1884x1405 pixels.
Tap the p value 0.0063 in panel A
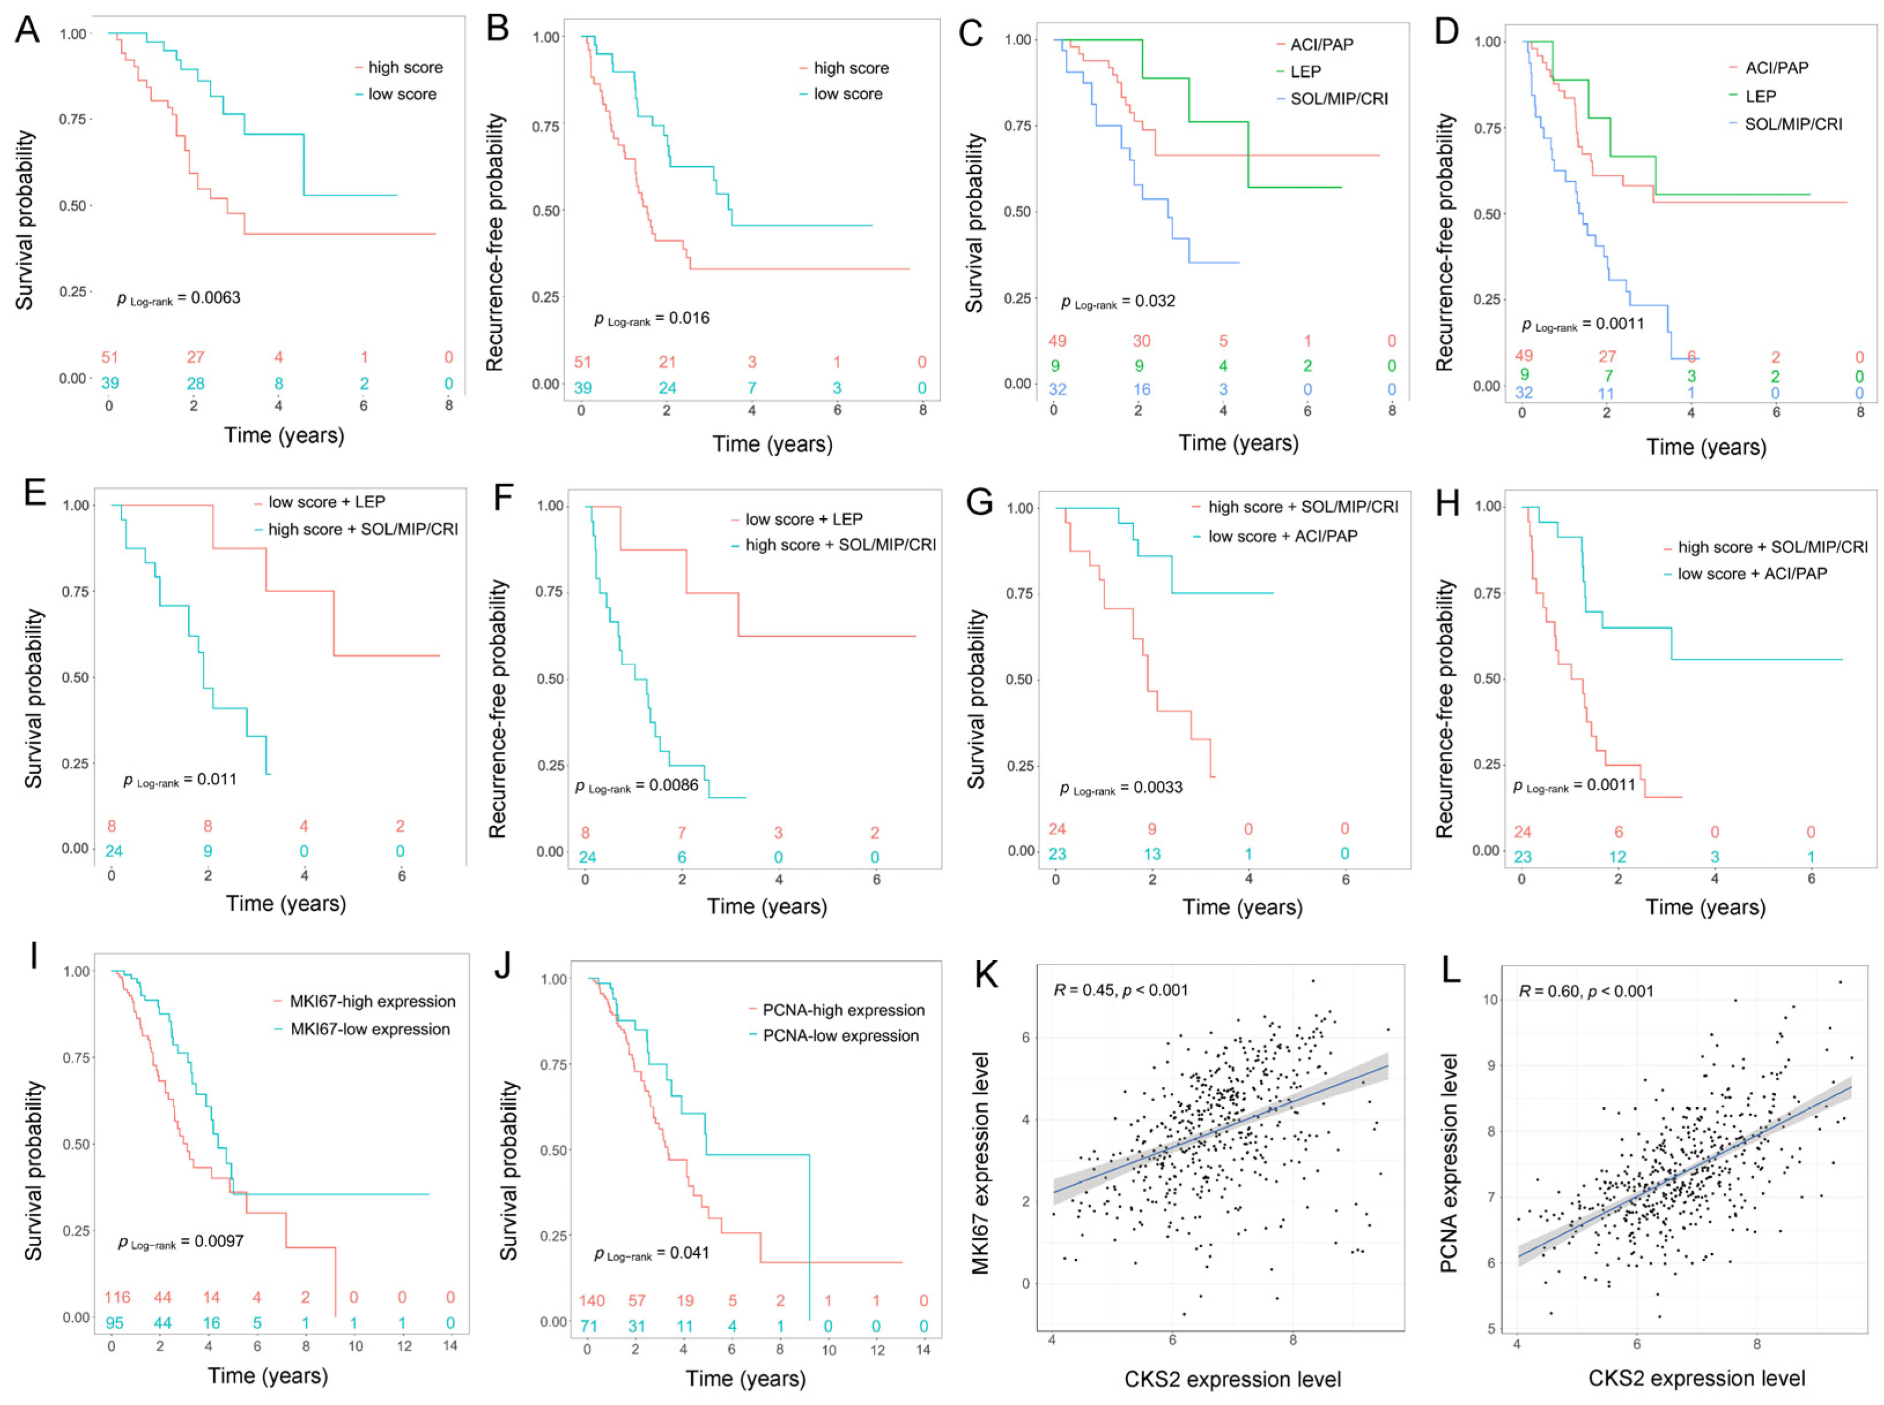[179, 298]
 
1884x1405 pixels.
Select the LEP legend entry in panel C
[1305, 72]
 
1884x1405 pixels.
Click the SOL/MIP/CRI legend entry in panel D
[1792, 124]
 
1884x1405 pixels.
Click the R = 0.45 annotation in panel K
[1121, 990]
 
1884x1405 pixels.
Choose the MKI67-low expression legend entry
[370, 1029]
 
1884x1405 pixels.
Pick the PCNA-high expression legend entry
[843, 1010]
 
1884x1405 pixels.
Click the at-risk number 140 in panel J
[592, 1300]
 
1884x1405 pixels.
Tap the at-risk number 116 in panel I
[117, 1297]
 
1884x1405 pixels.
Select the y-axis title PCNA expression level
[1449, 1163]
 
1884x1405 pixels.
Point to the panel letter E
[35, 492]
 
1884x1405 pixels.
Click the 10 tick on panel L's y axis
[1490, 999]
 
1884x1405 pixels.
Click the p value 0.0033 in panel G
[1121, 788]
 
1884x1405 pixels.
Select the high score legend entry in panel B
[850, 68]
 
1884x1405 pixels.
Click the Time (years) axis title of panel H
[1705, 907]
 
